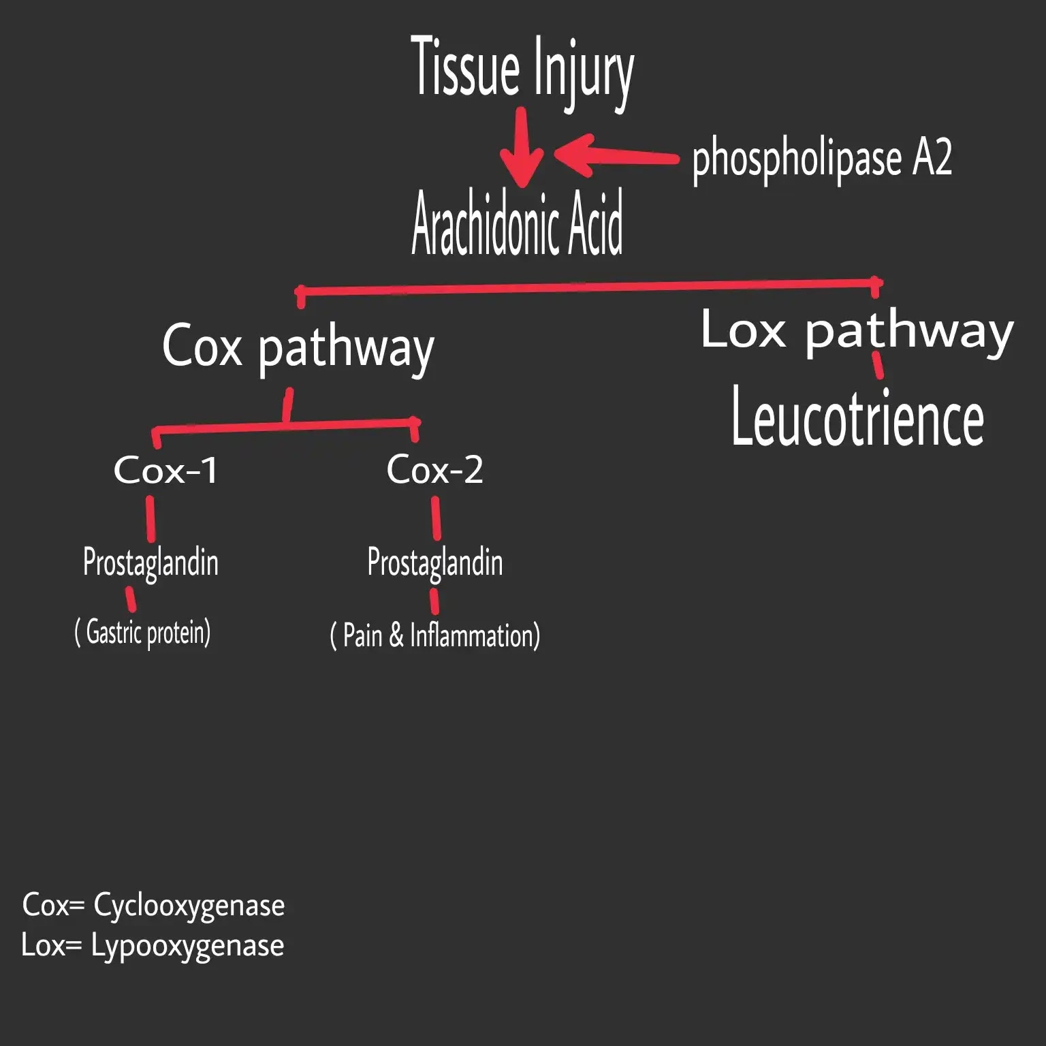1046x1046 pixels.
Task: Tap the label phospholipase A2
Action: click(821, 158)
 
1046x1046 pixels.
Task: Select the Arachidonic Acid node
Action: click(517, 223)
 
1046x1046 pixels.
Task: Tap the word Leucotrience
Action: click(857, 417)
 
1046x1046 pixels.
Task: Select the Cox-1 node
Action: click(165, 470)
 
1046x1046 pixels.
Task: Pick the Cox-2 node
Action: click(434, 470)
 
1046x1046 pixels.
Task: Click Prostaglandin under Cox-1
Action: click(150, 562)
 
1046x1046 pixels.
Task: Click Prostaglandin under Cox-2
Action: click(434, 562)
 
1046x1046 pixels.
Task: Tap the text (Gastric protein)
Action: click(142, 633)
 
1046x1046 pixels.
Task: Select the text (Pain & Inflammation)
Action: click(434, 636)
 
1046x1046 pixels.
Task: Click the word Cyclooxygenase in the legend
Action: click(189, 906)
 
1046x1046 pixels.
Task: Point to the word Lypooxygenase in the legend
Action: click(187, 946)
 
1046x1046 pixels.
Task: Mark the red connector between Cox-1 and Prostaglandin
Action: click(150, 519)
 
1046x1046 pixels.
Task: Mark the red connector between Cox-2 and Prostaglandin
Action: click(436, 519)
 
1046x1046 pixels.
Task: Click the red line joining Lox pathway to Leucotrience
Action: click(878, 365)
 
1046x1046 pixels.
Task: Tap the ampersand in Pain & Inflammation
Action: click(396, 636)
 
